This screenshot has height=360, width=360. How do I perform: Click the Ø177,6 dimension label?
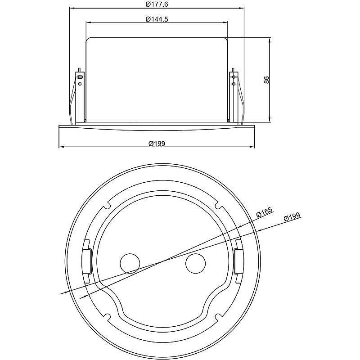157,4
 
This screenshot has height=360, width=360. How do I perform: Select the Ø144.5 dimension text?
157,19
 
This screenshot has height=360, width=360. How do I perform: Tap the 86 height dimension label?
266,80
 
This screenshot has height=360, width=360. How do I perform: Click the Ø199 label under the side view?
157,144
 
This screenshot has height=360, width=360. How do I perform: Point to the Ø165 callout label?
264,212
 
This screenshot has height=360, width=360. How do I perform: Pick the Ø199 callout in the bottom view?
292,217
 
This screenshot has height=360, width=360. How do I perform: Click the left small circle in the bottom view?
130,263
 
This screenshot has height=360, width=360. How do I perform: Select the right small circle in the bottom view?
195,263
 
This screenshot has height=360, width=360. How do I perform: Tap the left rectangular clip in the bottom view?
86,261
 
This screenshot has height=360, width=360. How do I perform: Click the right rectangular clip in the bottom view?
239,261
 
